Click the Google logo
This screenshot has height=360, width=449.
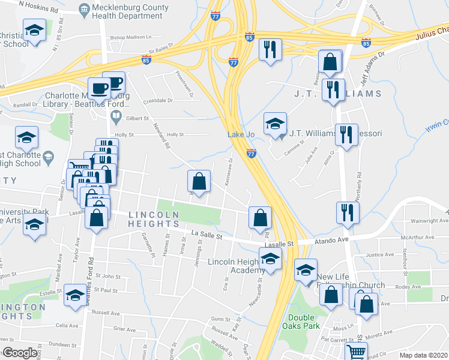[x=19, y=353]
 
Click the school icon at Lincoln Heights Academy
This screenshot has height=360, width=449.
[x=270, y=259]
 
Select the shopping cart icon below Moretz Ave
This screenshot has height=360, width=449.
[x=356, y=352]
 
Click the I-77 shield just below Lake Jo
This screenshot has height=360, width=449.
[x=252, y=154]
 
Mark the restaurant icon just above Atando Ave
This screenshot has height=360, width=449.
[x=348, y=212]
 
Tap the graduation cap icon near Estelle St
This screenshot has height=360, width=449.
[x=75, y=295]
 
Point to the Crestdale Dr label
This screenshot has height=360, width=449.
[x=158, y=100]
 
